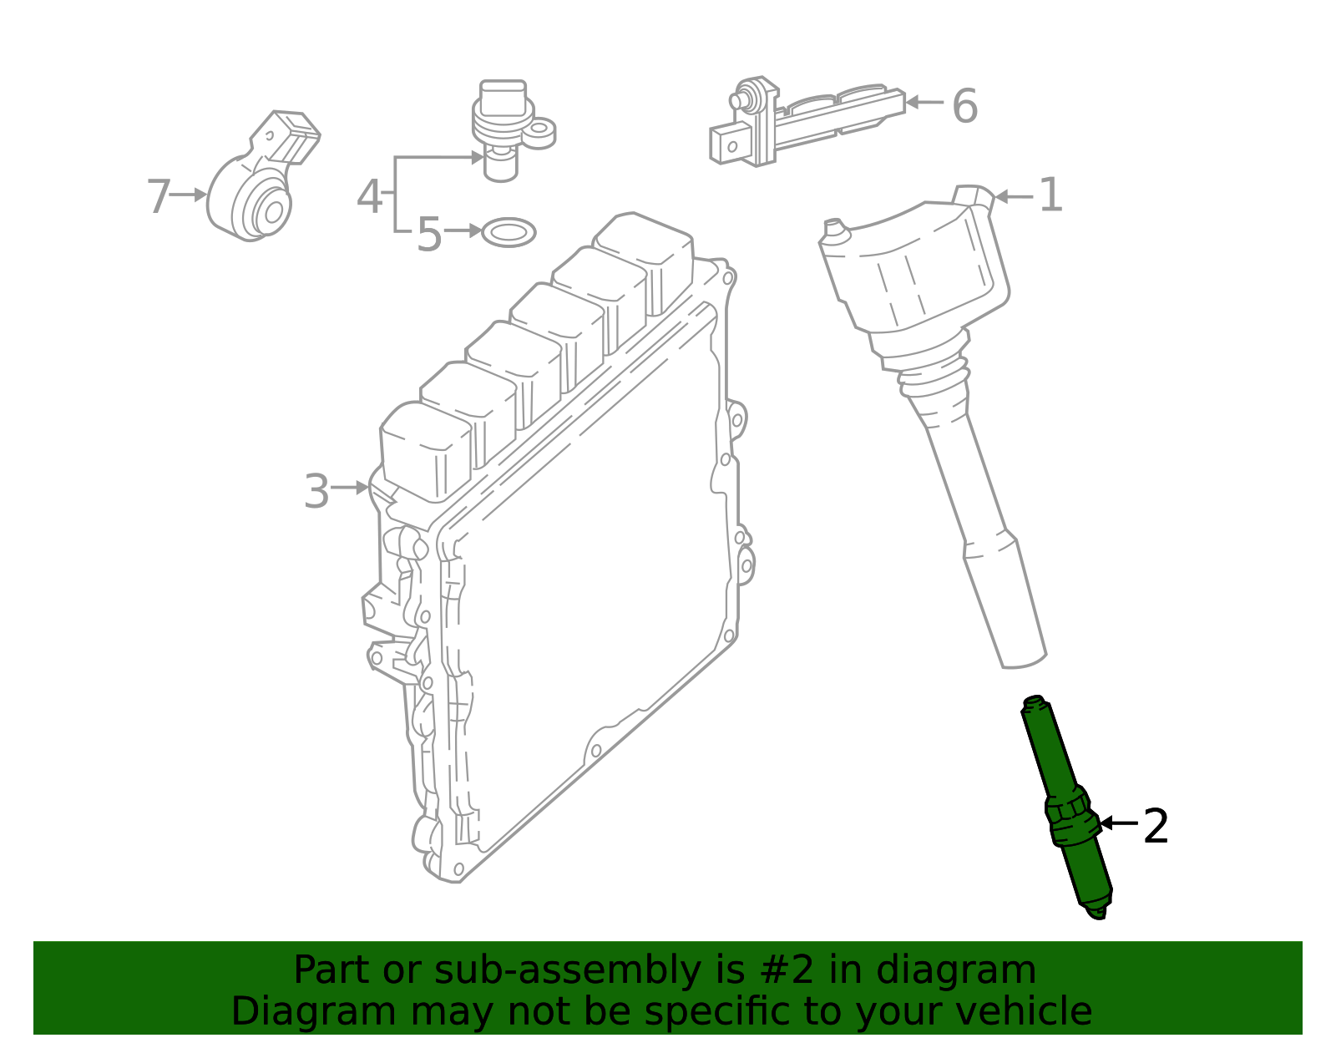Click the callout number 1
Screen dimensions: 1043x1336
(x=1050, y=195)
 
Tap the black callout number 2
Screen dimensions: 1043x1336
(x=1155, y=826)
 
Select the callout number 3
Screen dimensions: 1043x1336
(x=316, y=492)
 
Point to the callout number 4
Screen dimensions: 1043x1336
(x=369, y=197)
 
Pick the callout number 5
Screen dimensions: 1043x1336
(x=428, y=235)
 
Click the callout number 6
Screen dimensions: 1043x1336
(x=964, y=107)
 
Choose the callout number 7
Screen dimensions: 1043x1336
(x=158, y=197)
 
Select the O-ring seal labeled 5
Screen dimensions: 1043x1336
(x=509, y=232)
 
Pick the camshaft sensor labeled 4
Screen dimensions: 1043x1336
(x=505, y=125)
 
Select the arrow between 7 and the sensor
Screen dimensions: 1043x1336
(x=190, y=195)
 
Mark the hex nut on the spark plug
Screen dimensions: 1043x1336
(x=1070, y=810)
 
